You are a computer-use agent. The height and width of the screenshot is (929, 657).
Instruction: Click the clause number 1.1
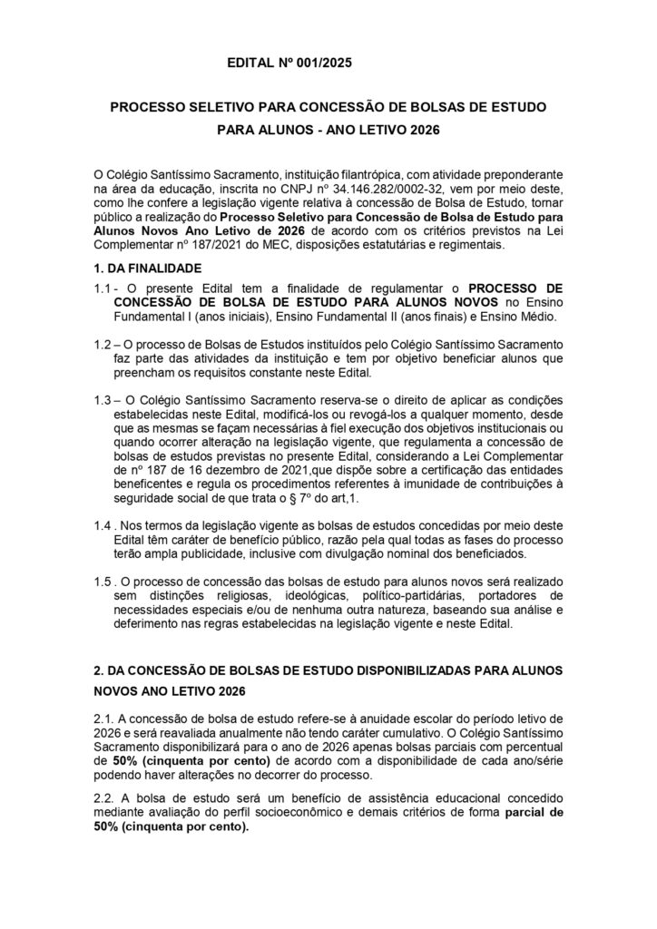tap(104, 287)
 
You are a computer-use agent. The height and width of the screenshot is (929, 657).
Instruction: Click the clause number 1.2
tap(104, 345)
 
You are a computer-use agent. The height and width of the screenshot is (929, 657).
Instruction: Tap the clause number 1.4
tap(104, 525)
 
